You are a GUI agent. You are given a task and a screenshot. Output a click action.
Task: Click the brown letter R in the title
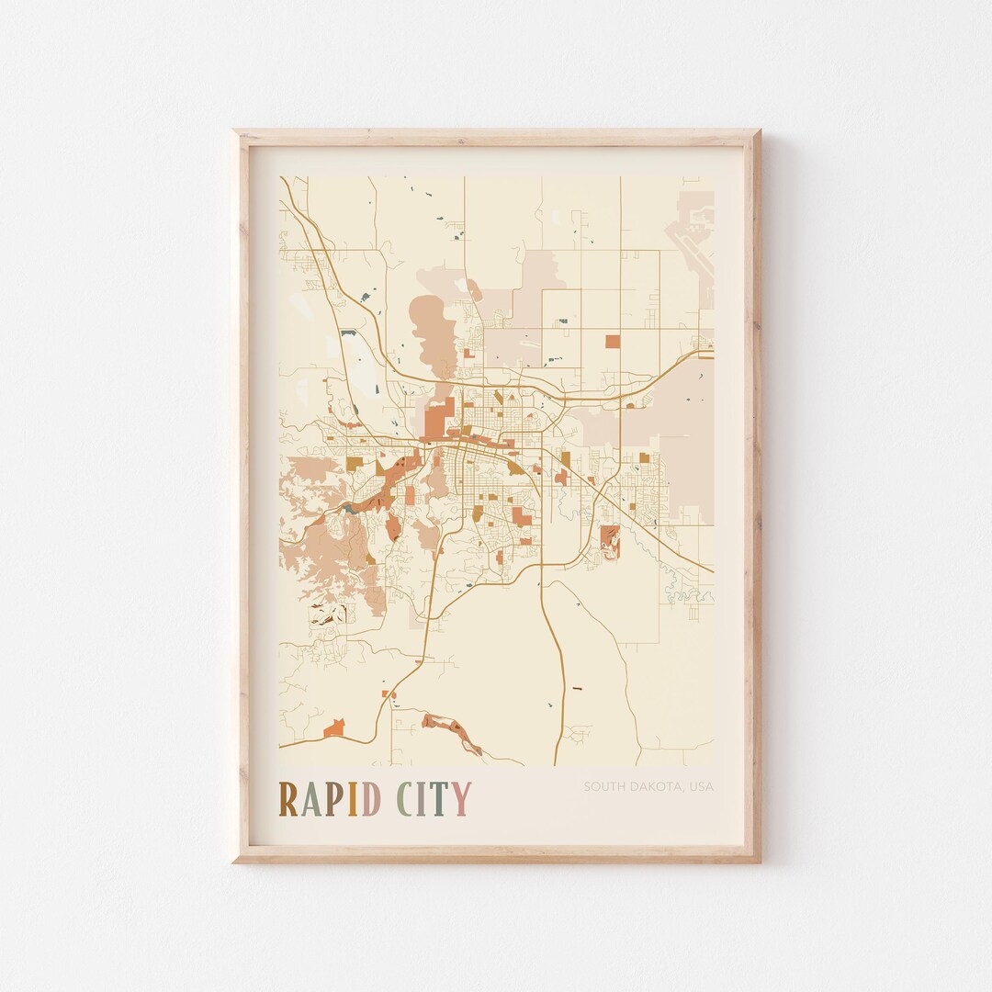point(288,799)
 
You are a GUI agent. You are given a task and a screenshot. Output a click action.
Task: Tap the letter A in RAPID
point(313,799)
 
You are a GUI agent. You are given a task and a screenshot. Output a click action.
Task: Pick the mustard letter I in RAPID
point(354,799)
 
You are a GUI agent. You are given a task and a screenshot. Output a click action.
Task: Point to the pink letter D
point(370,799)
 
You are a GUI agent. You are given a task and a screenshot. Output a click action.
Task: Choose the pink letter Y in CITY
point(460,799)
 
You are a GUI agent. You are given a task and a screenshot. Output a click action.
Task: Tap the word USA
point(702,786)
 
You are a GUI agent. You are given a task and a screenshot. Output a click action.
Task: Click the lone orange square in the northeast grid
point(613,342)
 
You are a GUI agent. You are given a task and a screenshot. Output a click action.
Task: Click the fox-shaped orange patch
point(334,728)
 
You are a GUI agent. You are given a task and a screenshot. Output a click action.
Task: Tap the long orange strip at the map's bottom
point(452,732)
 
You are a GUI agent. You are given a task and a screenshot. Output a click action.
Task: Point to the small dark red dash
point(578,687)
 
